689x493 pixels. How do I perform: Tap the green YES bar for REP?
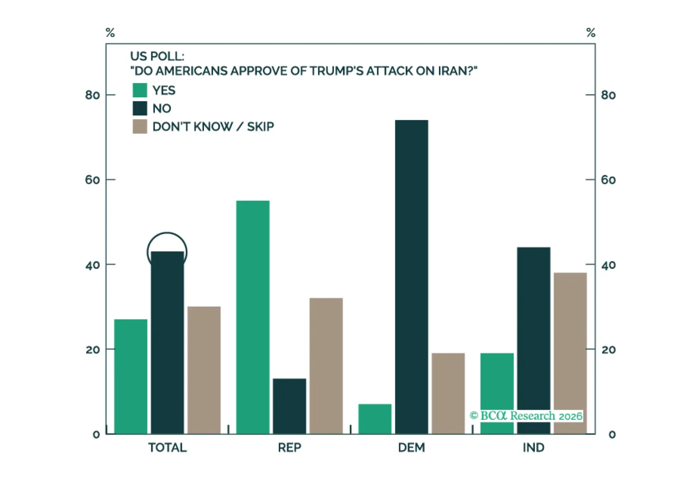[x=253, y=317]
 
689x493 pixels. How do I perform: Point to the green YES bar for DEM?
[x=375, y=418]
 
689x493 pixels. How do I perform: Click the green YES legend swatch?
[x=140, y=90]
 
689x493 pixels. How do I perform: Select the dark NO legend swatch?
[x=140, y=108]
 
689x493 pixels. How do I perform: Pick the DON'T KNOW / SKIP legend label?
[x=213, y=127]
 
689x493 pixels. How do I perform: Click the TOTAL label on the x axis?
[x=167, y=448]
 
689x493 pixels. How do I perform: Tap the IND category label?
[x=533, y=448]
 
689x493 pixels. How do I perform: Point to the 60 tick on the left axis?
[x=92, y=180]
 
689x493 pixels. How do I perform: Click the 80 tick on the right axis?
[x=608, y=95]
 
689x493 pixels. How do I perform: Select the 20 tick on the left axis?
[x=92, y=349]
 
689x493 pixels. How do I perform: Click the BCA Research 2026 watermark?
[x=526, y=416]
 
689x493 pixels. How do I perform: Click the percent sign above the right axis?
[x=591, y=33]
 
